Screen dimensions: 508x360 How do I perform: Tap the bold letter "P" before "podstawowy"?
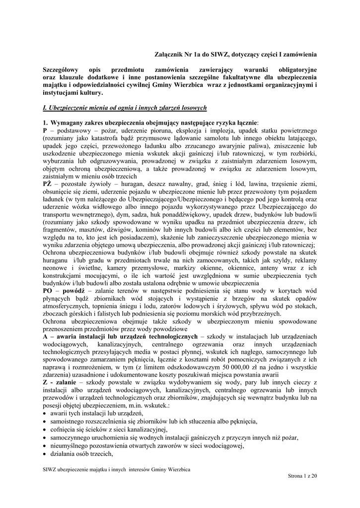click(45, 130)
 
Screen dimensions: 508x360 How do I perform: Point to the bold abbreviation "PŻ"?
click(48, 184)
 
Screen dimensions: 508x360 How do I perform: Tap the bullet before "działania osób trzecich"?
click(45, 453)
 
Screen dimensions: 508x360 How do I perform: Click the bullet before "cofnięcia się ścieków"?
click(45, 429)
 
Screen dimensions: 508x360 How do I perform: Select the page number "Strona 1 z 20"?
click(302, 476)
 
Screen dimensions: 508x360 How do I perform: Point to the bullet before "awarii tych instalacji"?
click(45, 414)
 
